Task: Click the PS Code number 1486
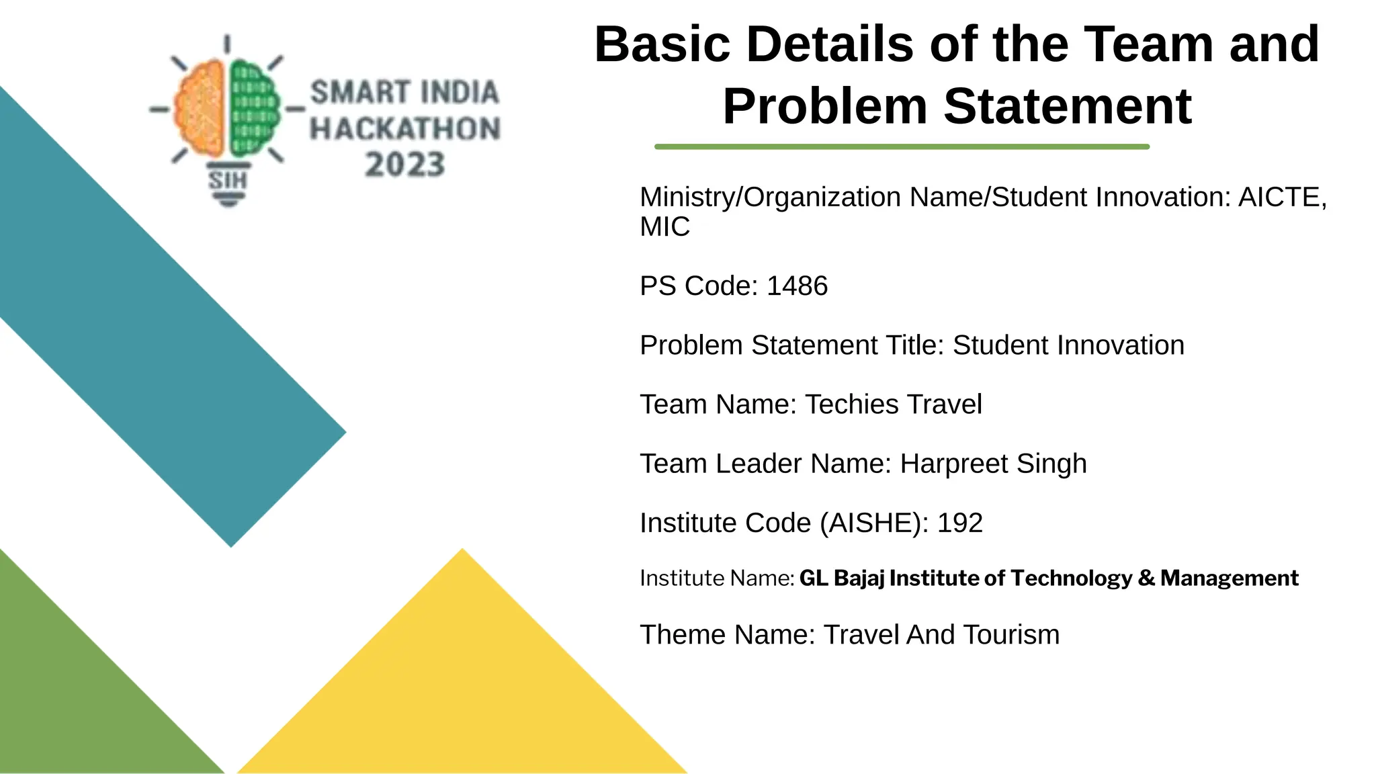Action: [x=797, y=286]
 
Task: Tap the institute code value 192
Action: [x=960, y=523]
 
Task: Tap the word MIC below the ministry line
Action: [x=664, y=227]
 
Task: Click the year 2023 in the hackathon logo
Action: [x=405, y=165]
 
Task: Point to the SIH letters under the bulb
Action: [x=228, y=180]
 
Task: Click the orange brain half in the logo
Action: [x=200, y=107]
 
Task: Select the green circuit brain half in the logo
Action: [x=254, y=107]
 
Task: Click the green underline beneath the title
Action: [x=902, y=146]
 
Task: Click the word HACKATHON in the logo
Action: [x=405, y=129]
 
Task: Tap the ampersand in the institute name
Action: [x=1146, y=578]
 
